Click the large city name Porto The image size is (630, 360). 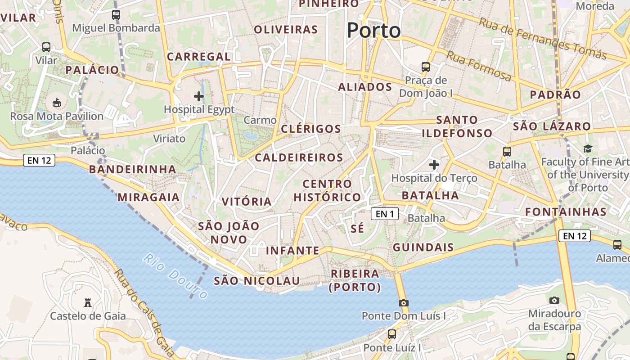pos(373,31)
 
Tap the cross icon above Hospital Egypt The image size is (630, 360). pos(198,96)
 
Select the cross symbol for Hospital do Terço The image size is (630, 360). pos(434,165)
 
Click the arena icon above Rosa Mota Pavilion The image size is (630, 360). pos(57,103)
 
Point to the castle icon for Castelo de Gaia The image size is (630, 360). pos(88,303)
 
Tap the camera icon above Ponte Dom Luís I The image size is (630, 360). pos(403,303)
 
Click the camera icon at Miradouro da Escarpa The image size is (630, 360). pos(554,300)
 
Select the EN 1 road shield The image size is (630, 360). pos(385,214)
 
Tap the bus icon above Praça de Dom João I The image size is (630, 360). pos(425,67)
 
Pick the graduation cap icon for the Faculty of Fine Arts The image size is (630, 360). pos(588,148)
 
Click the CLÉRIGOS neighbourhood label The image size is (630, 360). pos(311,129)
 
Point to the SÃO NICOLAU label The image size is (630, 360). pos(256,281)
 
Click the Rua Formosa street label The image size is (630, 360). pos(479,66)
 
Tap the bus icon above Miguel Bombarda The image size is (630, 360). pos(116,14)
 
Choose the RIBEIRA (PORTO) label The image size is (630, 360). pos(355,280)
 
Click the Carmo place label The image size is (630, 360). pos(260,120)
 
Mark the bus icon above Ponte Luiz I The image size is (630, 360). pos(392,334)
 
